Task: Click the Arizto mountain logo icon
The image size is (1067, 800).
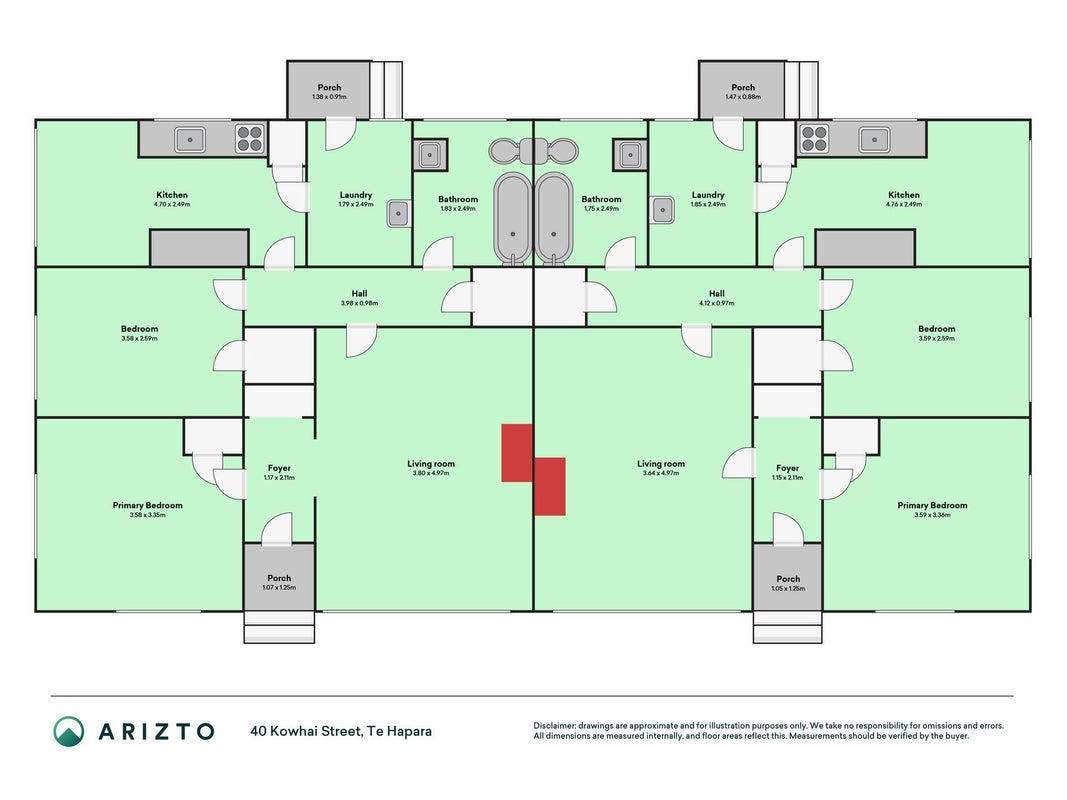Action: click(69, 731)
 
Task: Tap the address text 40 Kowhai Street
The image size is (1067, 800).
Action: click(306, 731)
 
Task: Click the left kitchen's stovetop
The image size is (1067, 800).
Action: click(250, 139)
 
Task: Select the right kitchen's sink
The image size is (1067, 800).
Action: click(874, 139)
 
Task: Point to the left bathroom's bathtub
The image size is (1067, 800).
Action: click(512, 218)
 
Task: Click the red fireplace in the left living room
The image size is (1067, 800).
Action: click(517, 453)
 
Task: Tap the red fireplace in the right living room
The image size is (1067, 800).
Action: click(550, 486)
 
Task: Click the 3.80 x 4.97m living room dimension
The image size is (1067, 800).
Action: click(431, 473)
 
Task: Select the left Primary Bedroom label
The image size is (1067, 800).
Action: click(148, 505)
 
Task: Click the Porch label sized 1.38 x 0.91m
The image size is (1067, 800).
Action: click(329, 87)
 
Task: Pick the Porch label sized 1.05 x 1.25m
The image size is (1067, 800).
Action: click(788, 579)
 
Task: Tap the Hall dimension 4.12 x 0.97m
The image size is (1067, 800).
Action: click(717, 303)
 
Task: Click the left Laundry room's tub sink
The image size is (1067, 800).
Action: click(399, 214)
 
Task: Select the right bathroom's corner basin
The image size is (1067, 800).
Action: click(630, 155)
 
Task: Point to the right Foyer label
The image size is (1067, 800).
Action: click(787, 468)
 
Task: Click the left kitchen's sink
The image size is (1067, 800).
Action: click(191, 139)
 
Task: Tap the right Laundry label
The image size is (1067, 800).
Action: click(708, 195)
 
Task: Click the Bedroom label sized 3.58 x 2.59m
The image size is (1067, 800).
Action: click(139, 329)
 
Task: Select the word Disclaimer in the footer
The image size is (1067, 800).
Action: click(554, 726)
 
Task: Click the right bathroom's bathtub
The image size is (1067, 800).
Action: click(554, 218)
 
